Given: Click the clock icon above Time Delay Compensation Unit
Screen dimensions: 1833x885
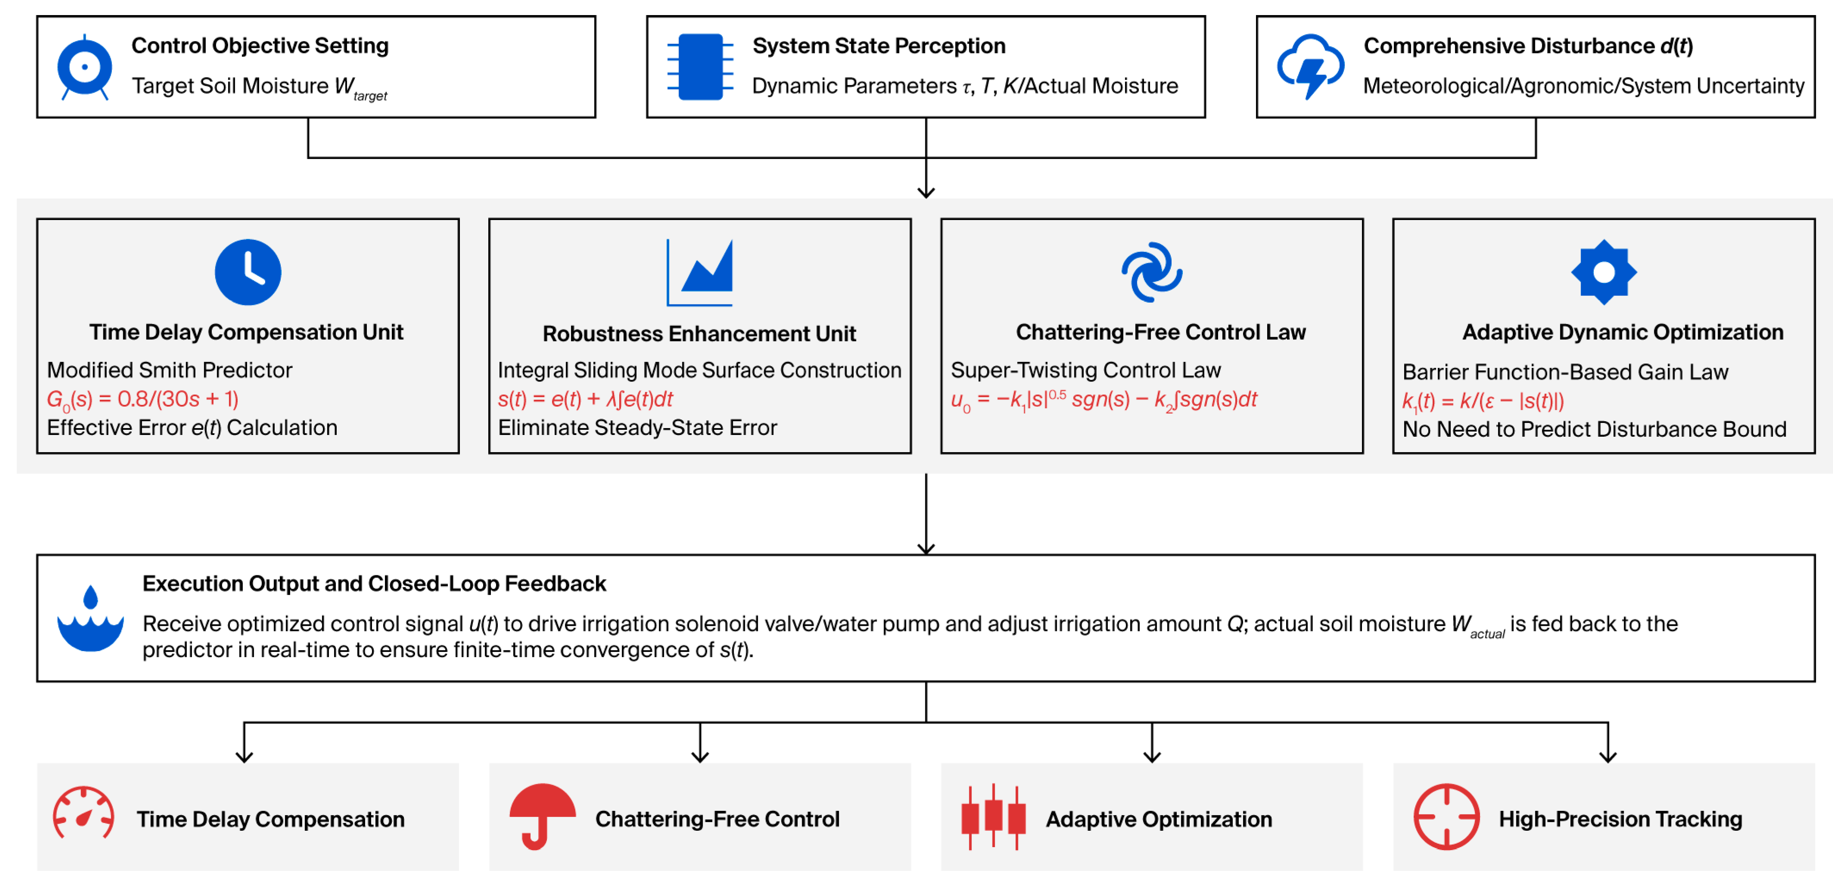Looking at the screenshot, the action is (x=248, y=273).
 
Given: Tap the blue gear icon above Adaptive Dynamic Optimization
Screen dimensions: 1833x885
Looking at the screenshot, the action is (x=1604, y=273).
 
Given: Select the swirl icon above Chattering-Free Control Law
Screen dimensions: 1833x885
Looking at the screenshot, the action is (x=1152, y=273).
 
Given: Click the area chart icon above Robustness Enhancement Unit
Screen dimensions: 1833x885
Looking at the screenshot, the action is (x=699, y=273).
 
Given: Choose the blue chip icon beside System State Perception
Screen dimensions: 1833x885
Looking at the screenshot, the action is (x=700, y=67).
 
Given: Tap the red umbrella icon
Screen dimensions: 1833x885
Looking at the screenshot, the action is (x=542, y=817).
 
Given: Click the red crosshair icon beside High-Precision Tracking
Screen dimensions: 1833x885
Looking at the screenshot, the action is (x=1446, y=817).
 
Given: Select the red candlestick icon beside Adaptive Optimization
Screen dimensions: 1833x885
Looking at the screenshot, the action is (x=993, y=817).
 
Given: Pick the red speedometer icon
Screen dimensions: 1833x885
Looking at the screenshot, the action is (x=83, y=813).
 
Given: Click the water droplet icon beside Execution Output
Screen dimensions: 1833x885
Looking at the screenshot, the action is (x=90, y=618).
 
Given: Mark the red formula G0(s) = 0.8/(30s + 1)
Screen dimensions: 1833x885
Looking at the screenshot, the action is (x=143, y=400).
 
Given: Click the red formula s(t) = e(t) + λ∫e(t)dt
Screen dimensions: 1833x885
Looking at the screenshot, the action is (x=585, y=400).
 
